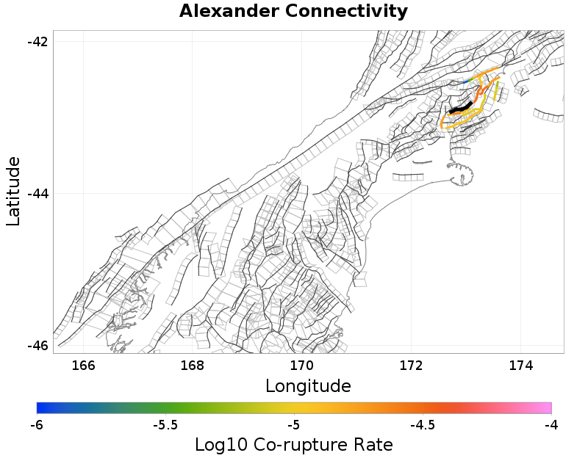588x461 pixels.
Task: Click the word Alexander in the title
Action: point(229,11)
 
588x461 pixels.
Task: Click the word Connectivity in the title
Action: point(346,12)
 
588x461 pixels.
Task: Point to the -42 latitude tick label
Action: point(37,41)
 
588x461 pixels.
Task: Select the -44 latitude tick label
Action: point(37,194)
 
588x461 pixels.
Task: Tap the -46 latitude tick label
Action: point(37,346)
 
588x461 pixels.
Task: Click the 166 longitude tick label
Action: point(83,365)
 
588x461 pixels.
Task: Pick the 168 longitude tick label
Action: point(193,365)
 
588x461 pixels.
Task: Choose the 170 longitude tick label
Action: point(302,365)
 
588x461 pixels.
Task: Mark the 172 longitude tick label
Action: point(412,365)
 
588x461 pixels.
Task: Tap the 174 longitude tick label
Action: point(521,365)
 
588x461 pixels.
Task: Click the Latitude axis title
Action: point(12,192)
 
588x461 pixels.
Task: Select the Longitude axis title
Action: point(308,386)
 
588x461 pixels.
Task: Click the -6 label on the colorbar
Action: point(37,425)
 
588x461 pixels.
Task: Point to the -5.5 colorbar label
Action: point(165,425)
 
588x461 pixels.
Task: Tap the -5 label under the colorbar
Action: point(294,425)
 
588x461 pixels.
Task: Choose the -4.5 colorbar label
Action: point(423,425)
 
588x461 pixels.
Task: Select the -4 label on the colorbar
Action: point(551,425)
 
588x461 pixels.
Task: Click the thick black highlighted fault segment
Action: point(461,107)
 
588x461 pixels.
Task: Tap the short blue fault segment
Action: point(465,81)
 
